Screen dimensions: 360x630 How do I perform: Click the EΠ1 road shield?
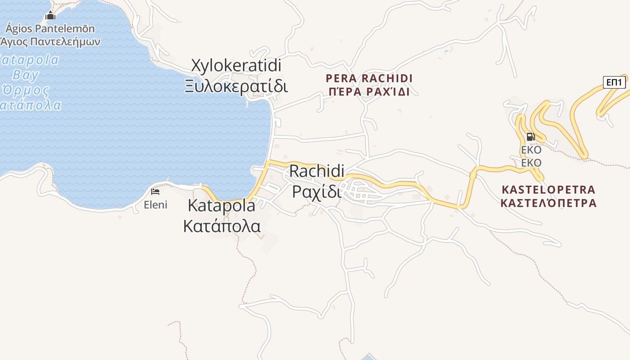coord(614,82)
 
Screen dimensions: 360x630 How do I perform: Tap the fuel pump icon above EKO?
coord(531,137)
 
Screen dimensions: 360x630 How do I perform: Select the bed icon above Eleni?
coord(155,192)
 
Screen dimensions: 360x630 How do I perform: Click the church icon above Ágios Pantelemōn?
coord(50,16)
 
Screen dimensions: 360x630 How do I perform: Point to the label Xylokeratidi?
coord(236,66)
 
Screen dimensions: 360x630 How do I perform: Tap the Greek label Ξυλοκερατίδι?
coord(236,85)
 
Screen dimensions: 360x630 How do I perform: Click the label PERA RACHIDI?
coord(369,78)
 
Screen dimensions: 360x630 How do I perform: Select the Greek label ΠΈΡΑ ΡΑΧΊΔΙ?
coord(369,92)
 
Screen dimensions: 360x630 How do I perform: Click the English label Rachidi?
coord(317,171)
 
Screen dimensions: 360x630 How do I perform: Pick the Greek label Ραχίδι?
coord(317,191)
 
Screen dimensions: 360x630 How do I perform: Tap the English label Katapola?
coord(221,206)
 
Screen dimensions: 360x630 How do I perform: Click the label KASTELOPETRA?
coord(548,189)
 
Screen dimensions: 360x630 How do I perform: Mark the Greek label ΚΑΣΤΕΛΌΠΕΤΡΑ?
coord(548,203)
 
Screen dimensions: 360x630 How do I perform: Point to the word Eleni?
coord(155,205)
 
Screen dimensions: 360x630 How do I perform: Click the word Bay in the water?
coord(25,75)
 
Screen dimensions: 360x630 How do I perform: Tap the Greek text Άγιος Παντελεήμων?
coord(50,42)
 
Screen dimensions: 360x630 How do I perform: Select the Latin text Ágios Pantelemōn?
coord(50,29)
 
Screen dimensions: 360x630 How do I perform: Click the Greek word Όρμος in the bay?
coord(26,90)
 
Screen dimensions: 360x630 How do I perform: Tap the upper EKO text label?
coord(531,150)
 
